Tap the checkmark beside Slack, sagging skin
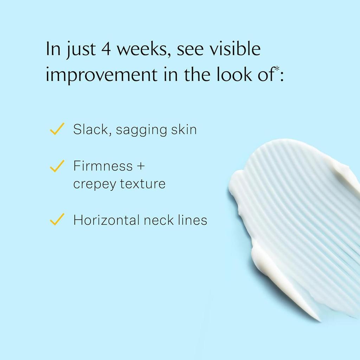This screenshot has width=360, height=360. (57, 129)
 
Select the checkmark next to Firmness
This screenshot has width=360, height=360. (57, 166)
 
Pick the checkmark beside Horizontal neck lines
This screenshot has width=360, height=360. (57, 219)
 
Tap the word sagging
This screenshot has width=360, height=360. (141, 130)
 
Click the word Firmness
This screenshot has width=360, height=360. (103, 166)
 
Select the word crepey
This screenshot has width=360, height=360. (95, 184)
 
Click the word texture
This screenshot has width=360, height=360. (143, 184)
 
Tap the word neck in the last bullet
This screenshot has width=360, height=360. (159, 220)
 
